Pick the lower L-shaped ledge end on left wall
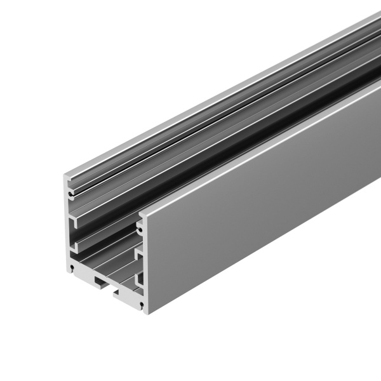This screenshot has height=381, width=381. click(x=76, y=243)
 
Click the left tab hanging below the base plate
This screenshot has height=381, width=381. click(x=100, y=279)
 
